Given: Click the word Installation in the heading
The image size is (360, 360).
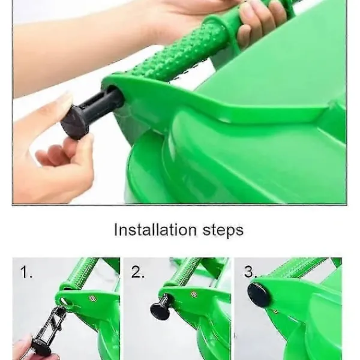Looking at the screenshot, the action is click(x=155, y=230).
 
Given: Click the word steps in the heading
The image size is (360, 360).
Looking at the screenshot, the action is click(x=223, y=230).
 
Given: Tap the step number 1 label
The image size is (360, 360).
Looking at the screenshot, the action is click(x=26, y=272).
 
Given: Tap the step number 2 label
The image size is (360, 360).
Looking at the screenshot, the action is click(x=138, y=272).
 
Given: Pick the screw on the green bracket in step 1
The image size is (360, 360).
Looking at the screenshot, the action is click(x=93, y=298).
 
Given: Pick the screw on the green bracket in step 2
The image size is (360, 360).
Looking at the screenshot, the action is click(x=194, y=294).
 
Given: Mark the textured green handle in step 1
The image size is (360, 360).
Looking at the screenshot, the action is click(x=83, y=272).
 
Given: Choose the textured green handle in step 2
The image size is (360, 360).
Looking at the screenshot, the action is click(x=184, y=272).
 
